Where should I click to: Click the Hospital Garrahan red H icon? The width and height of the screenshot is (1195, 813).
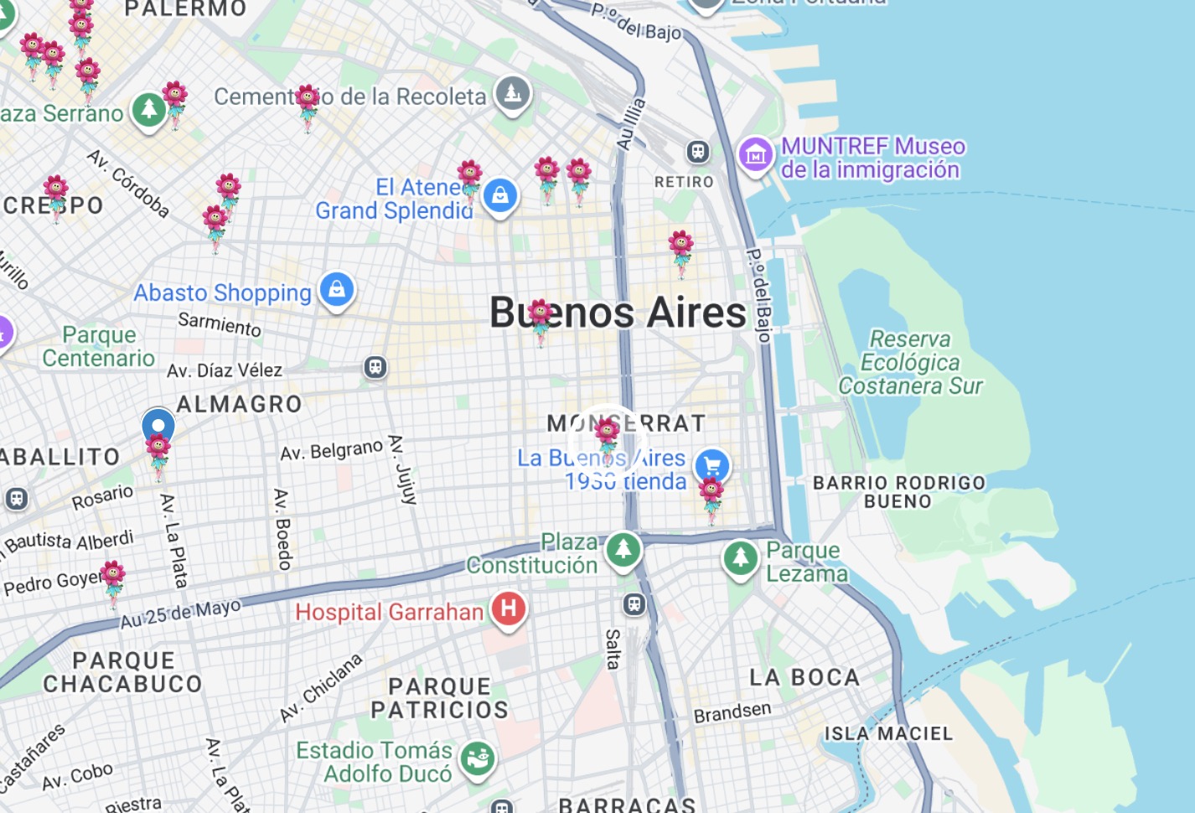[508, 609]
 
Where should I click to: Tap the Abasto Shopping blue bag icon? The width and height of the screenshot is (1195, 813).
[337, 290]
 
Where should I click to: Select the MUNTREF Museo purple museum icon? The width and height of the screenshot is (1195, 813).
[755, 155]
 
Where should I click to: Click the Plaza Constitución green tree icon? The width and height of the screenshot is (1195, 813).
[623, 551]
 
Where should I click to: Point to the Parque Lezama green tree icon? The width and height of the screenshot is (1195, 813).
[740, 558]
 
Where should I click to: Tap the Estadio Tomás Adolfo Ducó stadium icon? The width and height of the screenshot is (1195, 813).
[478, 759]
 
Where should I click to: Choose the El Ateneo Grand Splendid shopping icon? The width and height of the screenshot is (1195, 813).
[500, 196]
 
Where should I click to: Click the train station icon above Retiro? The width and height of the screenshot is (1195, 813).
[697, 152]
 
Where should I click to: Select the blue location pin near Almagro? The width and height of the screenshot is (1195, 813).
[158, 426]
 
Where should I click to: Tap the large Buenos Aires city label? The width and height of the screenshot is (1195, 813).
[618, 313]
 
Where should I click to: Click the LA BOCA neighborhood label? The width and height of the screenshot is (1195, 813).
[804, 677]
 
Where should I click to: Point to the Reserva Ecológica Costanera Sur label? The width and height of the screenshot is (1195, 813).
[910, 362]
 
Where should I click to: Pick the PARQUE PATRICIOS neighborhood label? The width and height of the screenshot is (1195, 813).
[439, 698]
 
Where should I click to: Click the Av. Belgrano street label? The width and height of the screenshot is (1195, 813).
[331, 450]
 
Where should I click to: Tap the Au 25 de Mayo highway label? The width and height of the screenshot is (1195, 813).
[180, 614]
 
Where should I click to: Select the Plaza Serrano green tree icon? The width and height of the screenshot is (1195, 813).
[149, 109]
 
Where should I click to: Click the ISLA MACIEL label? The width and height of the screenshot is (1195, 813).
[888, 733]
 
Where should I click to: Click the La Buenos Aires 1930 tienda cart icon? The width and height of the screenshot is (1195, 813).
[712, 465]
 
